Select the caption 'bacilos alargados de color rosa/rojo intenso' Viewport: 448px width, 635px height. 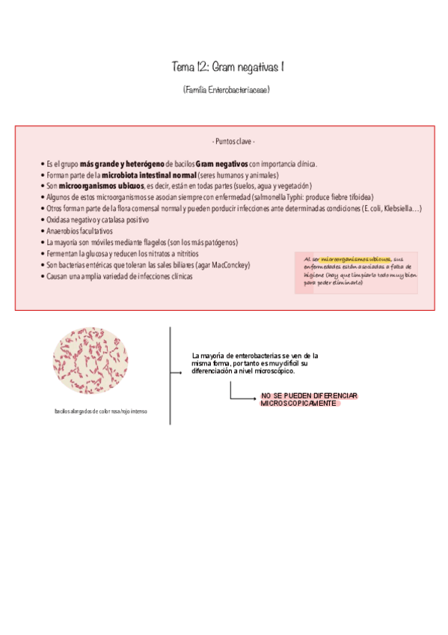point(100,411)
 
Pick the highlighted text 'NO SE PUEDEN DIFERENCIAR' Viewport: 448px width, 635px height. point(310,395)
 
